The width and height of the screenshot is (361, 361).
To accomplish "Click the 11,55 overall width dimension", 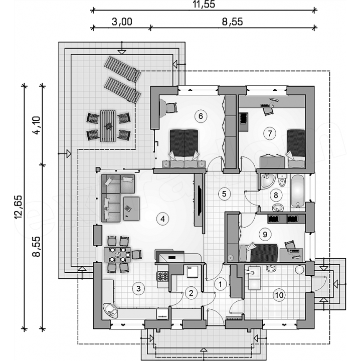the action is [204, 4].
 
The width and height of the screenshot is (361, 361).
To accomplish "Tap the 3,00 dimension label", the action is [122, 22].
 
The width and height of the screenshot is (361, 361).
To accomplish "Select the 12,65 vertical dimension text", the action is [18, 207].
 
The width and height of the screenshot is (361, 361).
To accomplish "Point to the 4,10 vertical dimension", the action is [37, 125].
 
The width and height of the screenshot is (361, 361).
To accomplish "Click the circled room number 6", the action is [201, 116].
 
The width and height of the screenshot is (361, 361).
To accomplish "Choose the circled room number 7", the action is [270, 133].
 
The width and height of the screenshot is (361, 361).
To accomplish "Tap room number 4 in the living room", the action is [162, 219].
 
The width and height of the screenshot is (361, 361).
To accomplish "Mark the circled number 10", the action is [279, 295].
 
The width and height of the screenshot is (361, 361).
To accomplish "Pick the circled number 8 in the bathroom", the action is [276, 195].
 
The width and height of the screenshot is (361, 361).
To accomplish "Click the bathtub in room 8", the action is [298, 191].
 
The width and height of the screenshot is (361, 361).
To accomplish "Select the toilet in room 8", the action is [282, 180].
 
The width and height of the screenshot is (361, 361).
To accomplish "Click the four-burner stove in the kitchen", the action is [163, 276].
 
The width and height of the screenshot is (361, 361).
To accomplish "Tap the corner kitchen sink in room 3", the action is [110, 310].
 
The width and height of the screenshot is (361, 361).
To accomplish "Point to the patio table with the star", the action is [107, 126].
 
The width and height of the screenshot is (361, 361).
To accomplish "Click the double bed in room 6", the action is [184, 148].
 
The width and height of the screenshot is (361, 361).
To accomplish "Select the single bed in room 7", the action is [296, 148].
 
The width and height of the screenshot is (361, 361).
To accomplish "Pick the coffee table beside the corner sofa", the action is [131, 209].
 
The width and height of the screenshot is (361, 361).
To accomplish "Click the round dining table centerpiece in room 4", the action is [118, 254].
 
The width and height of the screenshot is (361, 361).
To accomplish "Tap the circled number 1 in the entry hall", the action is [220, 284].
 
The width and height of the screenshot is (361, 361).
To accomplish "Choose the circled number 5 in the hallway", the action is [224, 194].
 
